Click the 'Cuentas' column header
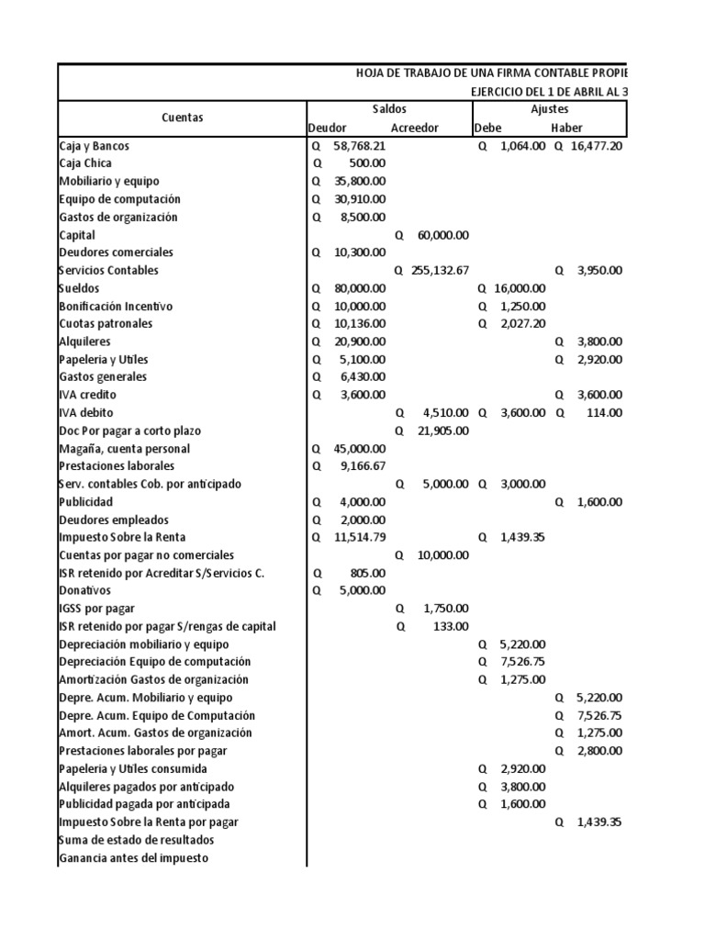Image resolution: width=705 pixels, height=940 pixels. click(x=182, y=117)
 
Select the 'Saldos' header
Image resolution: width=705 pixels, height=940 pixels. click(x=388, y=109)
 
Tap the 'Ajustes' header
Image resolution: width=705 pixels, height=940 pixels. click(x=549, y=109)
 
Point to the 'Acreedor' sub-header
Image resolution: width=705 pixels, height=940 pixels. click(x=414, y=128)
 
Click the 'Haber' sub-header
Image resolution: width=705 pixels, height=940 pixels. click(x=566, y=128)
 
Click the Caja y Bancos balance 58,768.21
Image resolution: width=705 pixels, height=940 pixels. click(x=360, y=145)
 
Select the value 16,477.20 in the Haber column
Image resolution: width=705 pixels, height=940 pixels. click(x=595, y=145)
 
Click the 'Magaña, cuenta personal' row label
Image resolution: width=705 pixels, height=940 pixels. click(x=124, y=448)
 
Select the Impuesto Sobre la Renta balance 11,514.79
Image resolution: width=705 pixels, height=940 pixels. click(x=360, y=537)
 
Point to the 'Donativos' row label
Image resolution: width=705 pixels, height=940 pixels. click(x=84, y=590)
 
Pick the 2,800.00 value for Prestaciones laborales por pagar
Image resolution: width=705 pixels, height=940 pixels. click(x=599, y=751)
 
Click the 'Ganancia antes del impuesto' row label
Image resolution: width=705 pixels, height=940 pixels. click(x=132, y=857)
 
